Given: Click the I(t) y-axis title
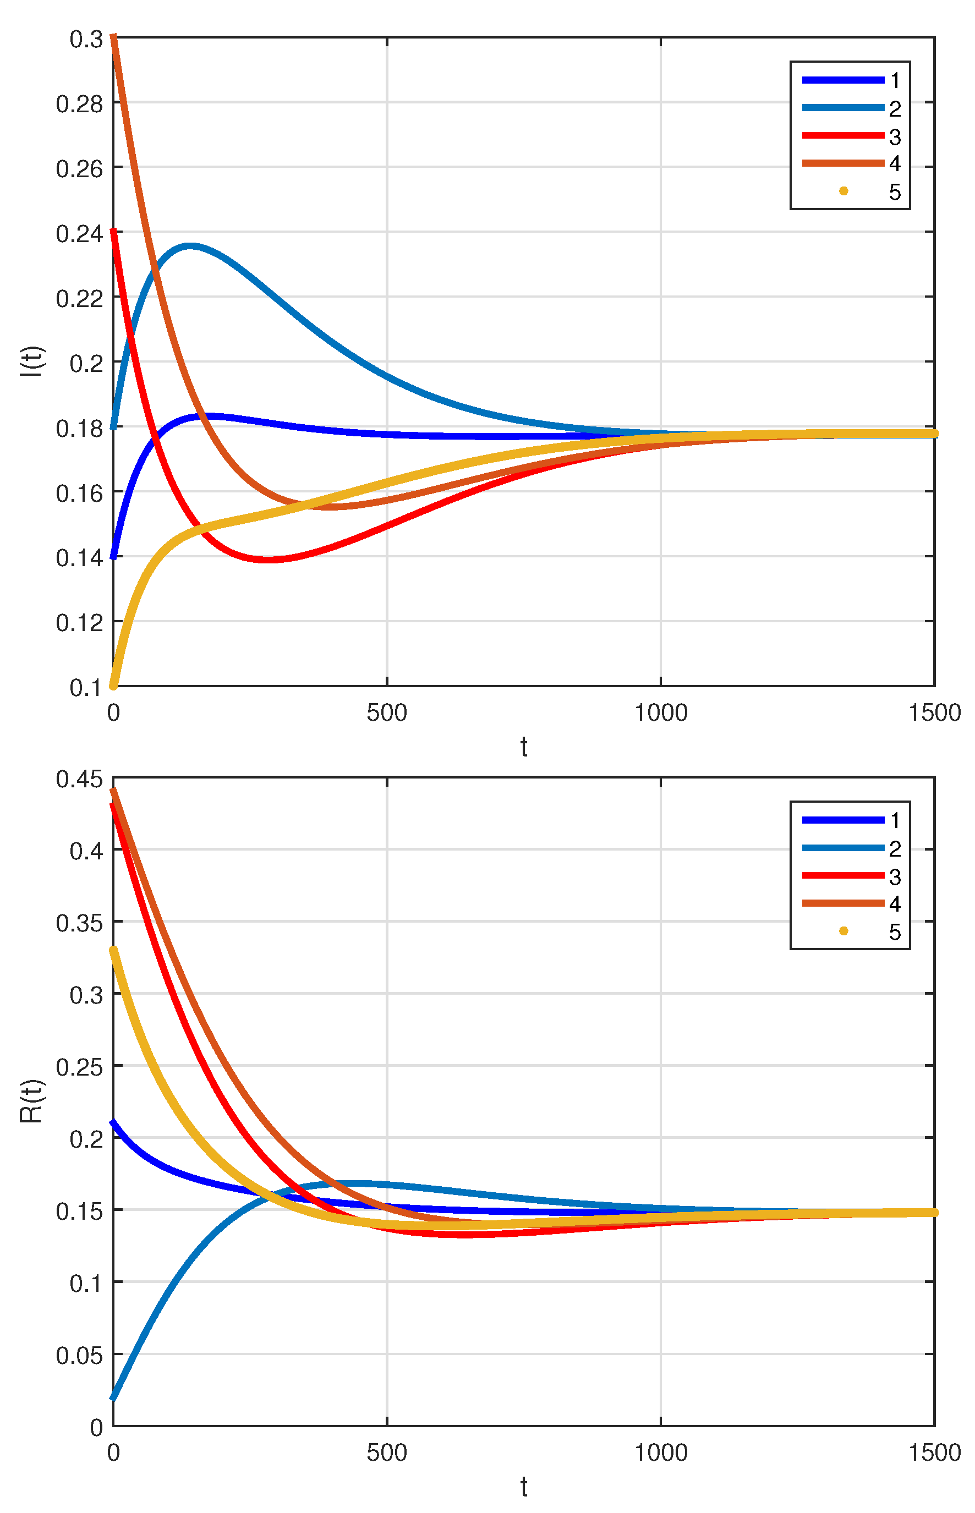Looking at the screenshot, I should click(32, 361).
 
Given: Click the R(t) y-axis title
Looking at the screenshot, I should click(32, 1101).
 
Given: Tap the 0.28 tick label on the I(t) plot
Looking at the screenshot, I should click(79, 104).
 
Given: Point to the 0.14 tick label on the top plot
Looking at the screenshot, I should click(79, 558).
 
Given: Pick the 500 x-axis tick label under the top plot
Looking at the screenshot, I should click(387, 713).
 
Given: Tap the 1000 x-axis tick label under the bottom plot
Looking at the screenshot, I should click(661, 1453).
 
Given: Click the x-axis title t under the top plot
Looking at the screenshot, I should click(524, 748).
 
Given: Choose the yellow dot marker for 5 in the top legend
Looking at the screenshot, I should click(843, 191).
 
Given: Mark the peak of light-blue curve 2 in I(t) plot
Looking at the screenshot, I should click(190, 245).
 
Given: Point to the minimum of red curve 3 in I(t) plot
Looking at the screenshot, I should click(269, 560).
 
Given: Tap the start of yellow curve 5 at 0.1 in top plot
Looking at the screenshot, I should click(114, 685).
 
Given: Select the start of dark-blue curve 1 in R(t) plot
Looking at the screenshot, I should click(114, 1123).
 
